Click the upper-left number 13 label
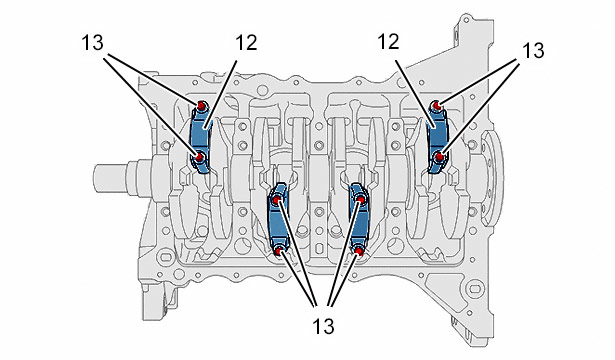(x=93, y=43)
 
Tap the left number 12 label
(x=246, y=42)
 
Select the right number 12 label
(x=388, y=41)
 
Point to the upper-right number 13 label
(x=533, y=50)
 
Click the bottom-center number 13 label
(x=323, y=326)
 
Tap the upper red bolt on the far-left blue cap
(x=201, y=106)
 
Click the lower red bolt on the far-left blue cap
(x=200, y=158)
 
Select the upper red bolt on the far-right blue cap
(x=436, y=106)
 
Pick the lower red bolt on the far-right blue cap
(x=440, y=157)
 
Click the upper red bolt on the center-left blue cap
(x=277, y=200)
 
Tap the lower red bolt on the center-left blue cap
(x=279, y=251)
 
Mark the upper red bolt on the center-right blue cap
(x=360, y=200)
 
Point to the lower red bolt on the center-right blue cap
(x=358, y=250)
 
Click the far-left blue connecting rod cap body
(x=201, y=137)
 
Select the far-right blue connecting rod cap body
(x=437, y=137)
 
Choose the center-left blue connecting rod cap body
(x=278, y=224)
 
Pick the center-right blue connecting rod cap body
(x=359, y=224)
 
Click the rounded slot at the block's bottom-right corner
(x=475, y=289)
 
